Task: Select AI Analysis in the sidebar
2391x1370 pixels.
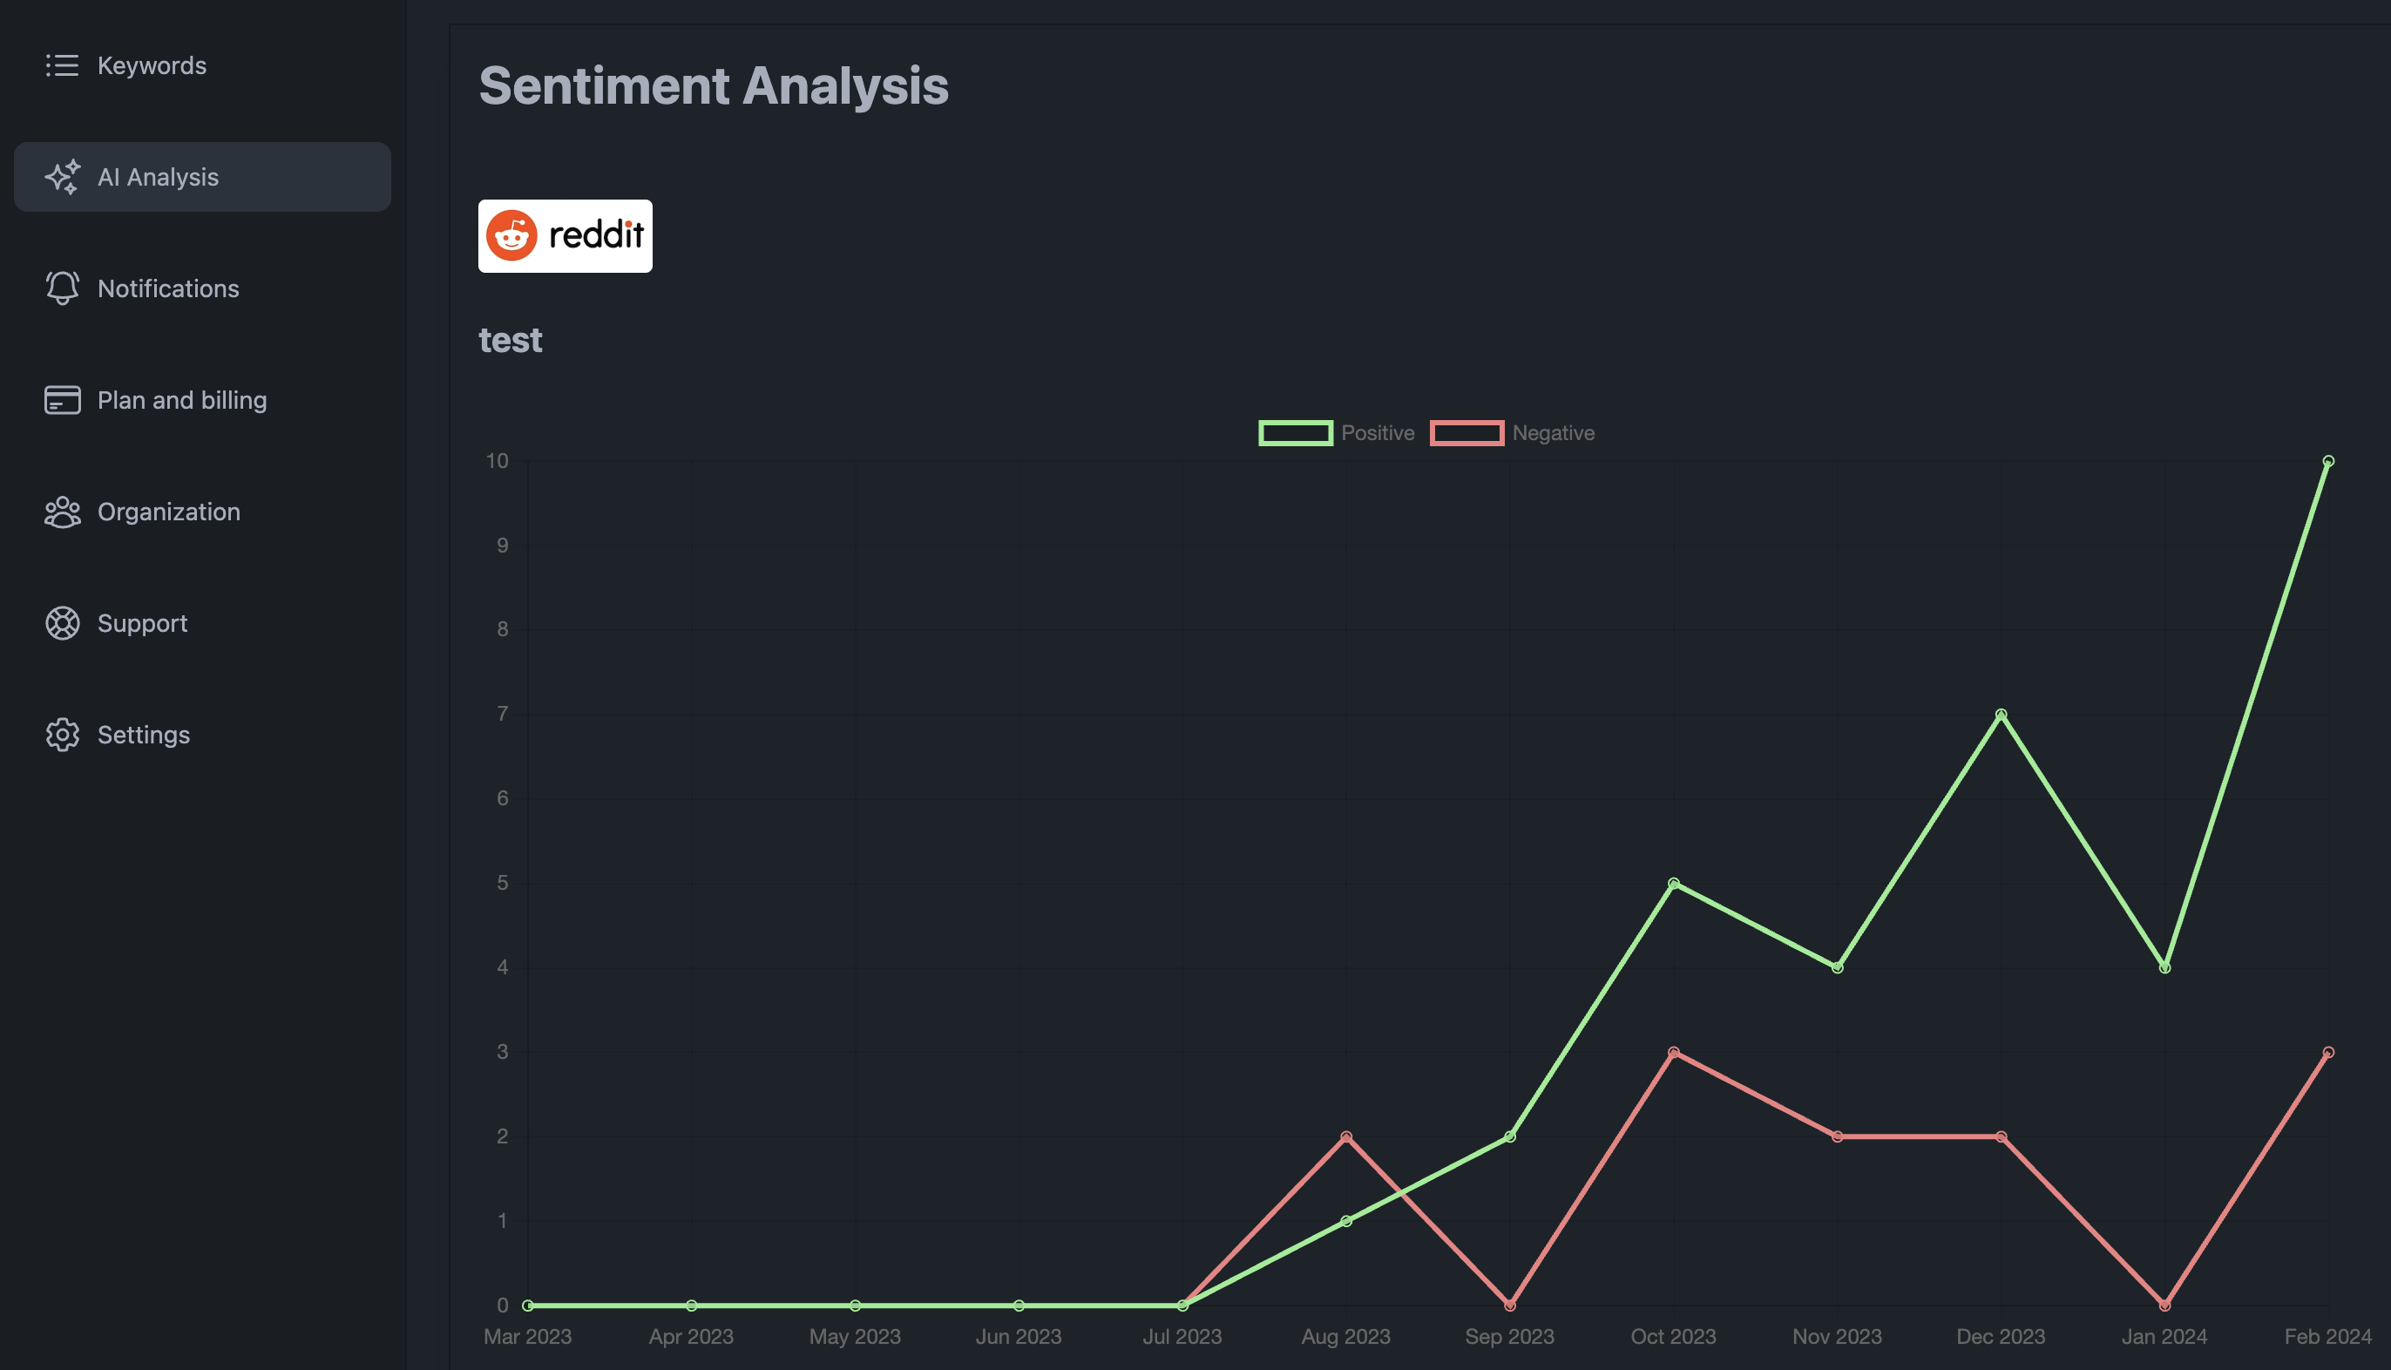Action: [x=157, y=177]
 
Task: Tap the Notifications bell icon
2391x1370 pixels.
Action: [x=62, y=288]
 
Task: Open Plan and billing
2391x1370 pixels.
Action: [x=180, y=400]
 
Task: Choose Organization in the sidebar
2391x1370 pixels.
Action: [x=167, y=512]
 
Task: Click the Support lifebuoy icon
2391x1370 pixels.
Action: [x=62, y=623]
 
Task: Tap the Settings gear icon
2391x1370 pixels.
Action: [x=62, y=735]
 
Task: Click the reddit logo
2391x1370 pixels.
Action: [x=565, y=235]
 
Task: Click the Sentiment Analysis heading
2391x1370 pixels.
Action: [x=713, y=85]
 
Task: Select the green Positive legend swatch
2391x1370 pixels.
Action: [x=1295, y=433]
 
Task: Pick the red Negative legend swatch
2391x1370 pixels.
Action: [x=1466, y=433]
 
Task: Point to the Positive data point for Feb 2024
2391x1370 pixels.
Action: [x=2328, y=461]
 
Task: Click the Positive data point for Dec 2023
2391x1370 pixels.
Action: [x=2001, y=714]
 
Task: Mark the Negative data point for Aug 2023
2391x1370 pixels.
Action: [x=1346, y=1136]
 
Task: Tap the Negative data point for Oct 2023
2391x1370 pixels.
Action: [x=1673, y=1052]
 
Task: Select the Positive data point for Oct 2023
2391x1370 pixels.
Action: [x=1673, y=884]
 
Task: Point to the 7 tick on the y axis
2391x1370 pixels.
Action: [x=502, y=714]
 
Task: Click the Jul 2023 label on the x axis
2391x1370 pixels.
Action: [x=1182, y=1336]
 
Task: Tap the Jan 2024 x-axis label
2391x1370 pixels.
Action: [x=2164, y=1336]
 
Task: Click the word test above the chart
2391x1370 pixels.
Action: [x=510, y=340]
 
